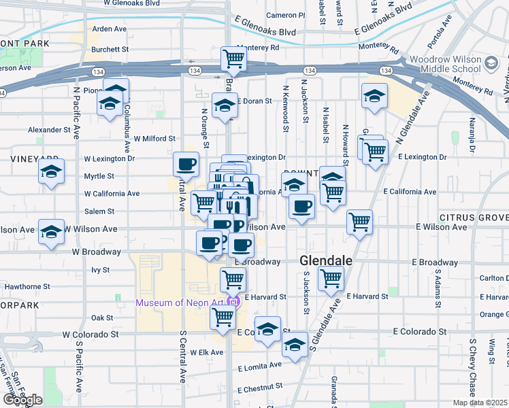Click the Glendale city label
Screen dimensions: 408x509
(x=327, y=261)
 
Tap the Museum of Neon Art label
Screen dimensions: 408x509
(x=182, y=302)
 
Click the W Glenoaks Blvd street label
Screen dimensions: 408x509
(x=132, y=3)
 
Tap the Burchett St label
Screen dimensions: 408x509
(x=110, y=49)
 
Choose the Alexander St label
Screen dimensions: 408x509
(x=49, y=129)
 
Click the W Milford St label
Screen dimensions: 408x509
(x=154, y=139)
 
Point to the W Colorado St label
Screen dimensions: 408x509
(x=91, y=335)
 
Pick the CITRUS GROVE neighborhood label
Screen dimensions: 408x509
(x=474, y=218)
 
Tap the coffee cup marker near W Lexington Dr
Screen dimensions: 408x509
(x=186, y=163)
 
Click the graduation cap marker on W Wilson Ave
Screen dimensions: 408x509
(x=51, y=232)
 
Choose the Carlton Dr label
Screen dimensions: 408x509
(x=495, y=278)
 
